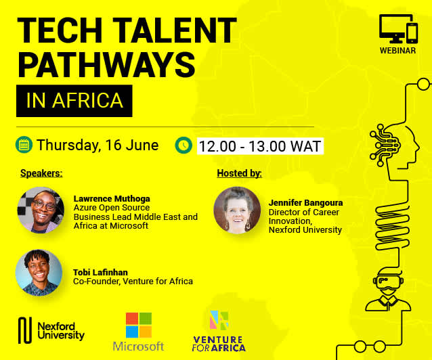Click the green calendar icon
pyautogui.click(x=24, y=145)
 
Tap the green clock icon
pyautogui.click(x=183, y=145)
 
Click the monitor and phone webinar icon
pyautogui.click(x=398, y=29)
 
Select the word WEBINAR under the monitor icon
pyautogui.click(x=397, y=51)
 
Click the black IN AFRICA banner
pyautogui.click(x=74, y=101)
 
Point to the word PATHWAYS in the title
pyautogui.click(x=106, y=65)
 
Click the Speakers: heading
pyautogui.click(x=41, y=173)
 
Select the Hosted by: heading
pyautogui.click(x=239, y=173)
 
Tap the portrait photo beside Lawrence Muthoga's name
pyautogui.click(x=41, y=210)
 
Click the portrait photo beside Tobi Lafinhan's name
pyautogui.click(x=39, y=273)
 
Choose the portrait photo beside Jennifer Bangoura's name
pyautogui.click(x=237, y=210)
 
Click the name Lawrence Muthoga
pyautogui.click(x=112, y=198)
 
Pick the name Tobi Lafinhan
pyautogui.click(x=100, y=273)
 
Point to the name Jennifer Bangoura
pyautogui.click(x=306, y=203)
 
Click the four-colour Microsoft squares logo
pyautogui.click(x=139, y=325)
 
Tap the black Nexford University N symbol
pyautogui.click(x=25, y=330)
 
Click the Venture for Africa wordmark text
pyautogui.click(x=219, y=344)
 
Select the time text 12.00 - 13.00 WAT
pyautogui.click(x=260, y=146)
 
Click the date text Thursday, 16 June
pyautogui.click(x=98, y=145)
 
